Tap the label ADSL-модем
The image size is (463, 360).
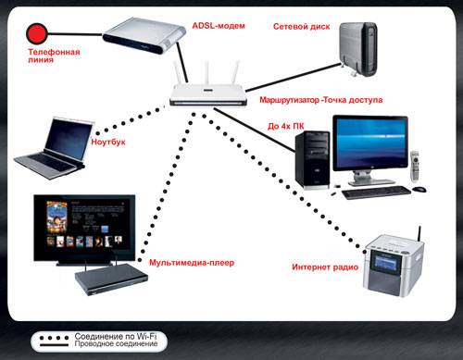point(219,24)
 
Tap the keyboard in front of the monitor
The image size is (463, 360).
point(375,192)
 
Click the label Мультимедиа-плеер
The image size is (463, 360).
point(192,263)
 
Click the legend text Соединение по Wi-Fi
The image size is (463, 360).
point(109,336)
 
